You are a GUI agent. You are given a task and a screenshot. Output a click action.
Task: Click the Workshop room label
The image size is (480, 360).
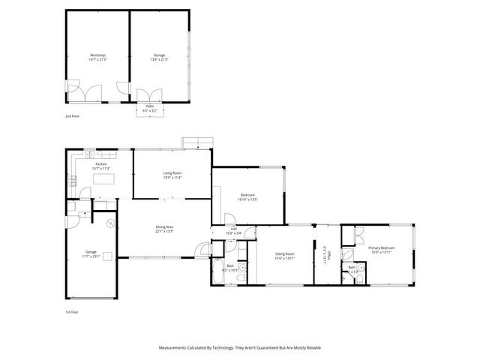[x=97, y=57]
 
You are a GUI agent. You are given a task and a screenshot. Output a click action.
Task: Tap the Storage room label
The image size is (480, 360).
[x=159, y=57]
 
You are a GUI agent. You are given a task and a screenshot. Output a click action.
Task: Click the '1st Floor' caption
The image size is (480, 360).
[x=71, y=311]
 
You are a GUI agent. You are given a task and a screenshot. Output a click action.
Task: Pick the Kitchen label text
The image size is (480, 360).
[x=100, y=166]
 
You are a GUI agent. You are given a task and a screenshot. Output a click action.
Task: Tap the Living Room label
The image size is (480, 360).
[x=172, y=175]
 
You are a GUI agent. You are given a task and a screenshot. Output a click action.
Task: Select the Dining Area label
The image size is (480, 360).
[x=165, y=229]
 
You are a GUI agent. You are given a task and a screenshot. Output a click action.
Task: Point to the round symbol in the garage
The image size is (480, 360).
[x=110, y=223]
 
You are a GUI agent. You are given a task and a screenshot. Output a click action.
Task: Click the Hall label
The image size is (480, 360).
[x=234, y=230]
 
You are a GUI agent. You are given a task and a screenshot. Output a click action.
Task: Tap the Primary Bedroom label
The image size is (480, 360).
[x=381, y=250]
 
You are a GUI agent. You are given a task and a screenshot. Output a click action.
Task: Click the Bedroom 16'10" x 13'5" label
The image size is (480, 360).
[x=247, y=196]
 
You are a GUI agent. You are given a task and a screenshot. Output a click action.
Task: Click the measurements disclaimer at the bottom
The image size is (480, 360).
[x=240, y=348]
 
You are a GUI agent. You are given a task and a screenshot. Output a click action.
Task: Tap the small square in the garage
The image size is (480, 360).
[x=106, y=256]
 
